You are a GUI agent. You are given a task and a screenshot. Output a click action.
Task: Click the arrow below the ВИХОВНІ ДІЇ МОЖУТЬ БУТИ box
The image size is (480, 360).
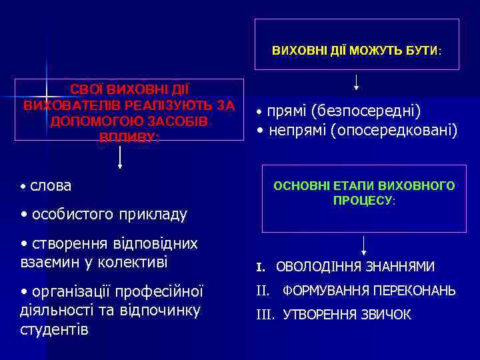[357, 82]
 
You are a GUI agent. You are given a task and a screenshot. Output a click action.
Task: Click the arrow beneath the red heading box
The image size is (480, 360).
[120, 157]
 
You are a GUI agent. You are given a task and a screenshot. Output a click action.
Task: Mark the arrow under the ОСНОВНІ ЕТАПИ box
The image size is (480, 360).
[363, 245]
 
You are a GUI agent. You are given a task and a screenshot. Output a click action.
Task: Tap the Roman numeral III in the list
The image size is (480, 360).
[267, 315]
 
